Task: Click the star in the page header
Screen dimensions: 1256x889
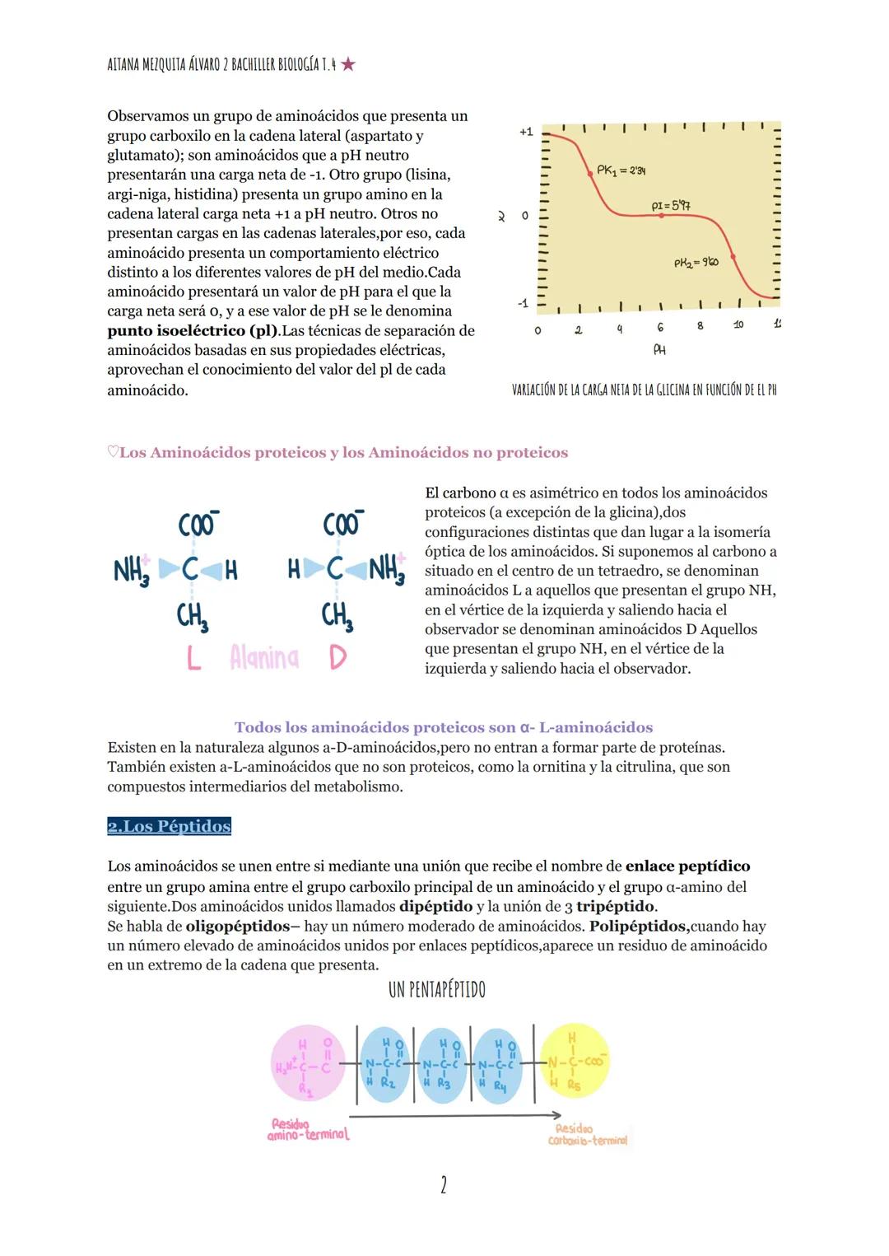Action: click(348, 64)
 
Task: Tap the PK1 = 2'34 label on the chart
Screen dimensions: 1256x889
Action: click(621, 170)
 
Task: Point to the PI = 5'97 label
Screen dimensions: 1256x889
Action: click(671, 205)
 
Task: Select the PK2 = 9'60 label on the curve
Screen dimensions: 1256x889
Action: click(696, 263)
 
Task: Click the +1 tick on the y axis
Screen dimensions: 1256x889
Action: click(526, 132)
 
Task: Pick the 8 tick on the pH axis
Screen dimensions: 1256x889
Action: click(700, 326)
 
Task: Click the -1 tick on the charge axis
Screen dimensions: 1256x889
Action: click(524, 304)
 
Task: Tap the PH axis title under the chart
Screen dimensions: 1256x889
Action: click(659, 350)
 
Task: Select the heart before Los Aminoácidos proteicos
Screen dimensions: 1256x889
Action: click(113, 452)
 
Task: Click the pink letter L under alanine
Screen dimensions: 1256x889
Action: click(193, 658)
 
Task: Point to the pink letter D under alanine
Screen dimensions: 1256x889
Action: click(337, 658)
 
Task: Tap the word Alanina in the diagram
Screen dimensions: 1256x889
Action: click(264, 658)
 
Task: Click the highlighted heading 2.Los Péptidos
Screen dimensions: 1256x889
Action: click(169, 826)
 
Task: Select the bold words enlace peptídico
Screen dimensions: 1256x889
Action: click(687, 866)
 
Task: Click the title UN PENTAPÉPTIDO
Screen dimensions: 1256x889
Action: click(436, 990)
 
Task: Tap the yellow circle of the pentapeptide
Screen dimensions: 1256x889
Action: click(575, 1062)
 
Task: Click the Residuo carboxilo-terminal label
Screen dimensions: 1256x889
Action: click(587, 1135)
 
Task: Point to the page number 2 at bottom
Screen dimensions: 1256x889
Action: click(444, 1185)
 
